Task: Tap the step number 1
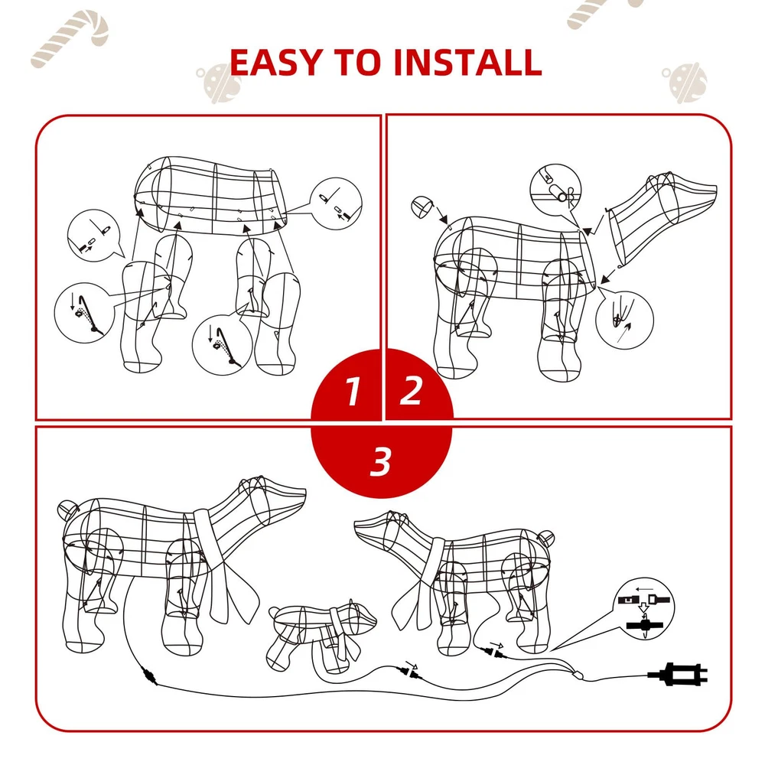pyautogui.click(x=352, y=391)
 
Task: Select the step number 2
pyautogui.click(x=411, y=390)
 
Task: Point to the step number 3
pyautogui.click(x=381, y=461)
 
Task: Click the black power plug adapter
pyautogui.click(x=678, y=675)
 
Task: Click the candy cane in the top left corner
pyautogui.click(x=70, y=38)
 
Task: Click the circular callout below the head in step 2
pyautogui.click(x=625, y=320)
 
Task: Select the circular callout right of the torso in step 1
pyautogui.click(x=336, y=203)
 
